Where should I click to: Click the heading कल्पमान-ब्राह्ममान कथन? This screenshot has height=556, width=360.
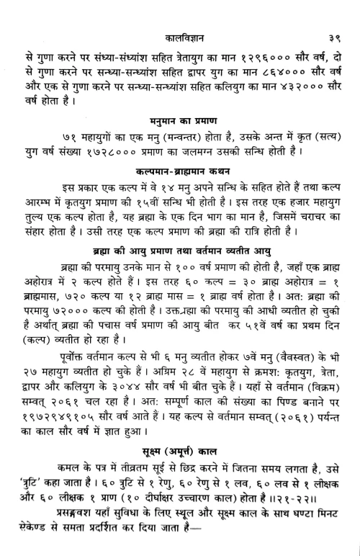(180, 173)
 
